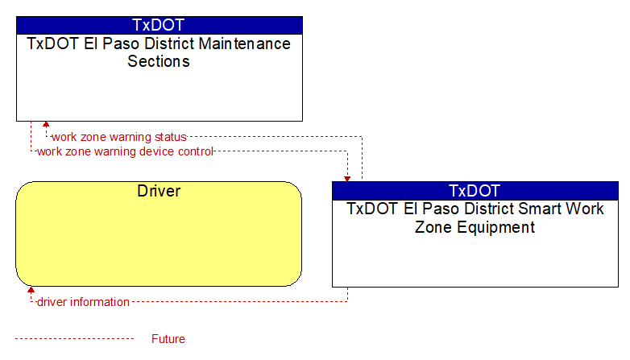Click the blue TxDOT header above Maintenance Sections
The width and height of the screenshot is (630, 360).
(159, 25)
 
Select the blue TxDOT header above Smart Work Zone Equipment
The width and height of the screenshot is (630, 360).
(475, 191)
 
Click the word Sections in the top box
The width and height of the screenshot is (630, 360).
(159, 61)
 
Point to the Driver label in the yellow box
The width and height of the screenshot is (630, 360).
(159, 191)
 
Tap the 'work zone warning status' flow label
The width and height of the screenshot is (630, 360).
(119, 137)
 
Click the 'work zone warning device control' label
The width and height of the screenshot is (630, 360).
(126, 151)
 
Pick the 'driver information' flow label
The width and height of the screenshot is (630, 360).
(83, 302)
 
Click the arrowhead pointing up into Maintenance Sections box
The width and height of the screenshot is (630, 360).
(46, 125)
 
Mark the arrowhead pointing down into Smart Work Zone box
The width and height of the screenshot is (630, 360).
(347, 179)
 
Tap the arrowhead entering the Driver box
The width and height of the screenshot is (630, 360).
(31, 290)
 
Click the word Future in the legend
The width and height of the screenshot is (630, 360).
(168, 339)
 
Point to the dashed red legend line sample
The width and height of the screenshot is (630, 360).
(74, 339)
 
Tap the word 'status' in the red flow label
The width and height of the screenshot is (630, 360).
(171, 137)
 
